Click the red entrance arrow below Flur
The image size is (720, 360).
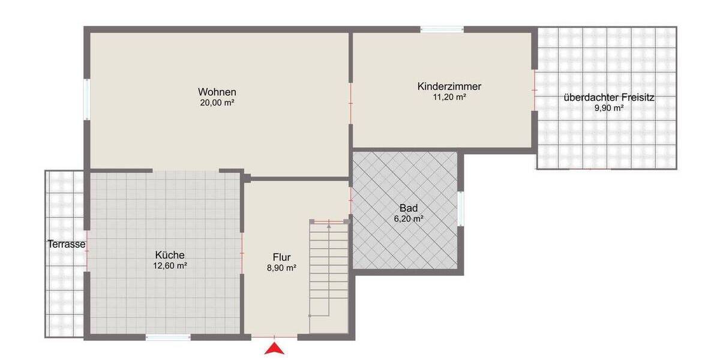(274, 348)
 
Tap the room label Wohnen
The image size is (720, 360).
(217, 92)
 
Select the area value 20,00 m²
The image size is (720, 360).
(217, 103)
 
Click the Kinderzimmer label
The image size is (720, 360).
(449, 86)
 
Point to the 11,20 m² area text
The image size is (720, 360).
(450, 97)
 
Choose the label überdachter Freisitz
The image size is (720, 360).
(608, 98)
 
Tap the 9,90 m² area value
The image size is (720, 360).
(609, 108)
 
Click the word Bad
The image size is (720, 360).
(408, 209)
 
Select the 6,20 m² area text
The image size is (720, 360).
(408, 219)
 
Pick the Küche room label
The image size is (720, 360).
(170, 254)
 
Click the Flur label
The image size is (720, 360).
(281, 258)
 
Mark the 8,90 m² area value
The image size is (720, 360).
(281, 268)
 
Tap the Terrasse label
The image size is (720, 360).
(66, 244)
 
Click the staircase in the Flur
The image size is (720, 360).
(329, 276)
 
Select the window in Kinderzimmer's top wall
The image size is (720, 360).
(442, 29)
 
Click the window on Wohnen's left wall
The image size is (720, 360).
(87, 99)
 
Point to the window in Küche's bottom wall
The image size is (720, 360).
(167, 337)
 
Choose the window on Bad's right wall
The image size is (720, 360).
(460, 208)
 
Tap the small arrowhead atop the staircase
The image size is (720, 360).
(329, 226)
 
